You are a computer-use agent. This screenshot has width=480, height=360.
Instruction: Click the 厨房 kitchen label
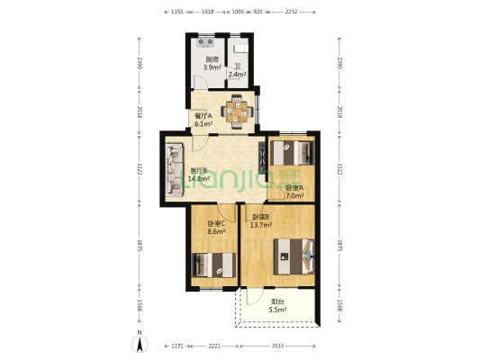coord(212,59)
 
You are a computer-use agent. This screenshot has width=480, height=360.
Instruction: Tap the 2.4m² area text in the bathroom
coord(237,75)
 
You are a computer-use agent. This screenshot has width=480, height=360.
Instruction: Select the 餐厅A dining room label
coord(203,115)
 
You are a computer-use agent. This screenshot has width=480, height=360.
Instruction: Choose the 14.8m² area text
coord(199,178)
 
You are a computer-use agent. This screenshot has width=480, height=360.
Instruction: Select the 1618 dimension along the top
coord(207,13)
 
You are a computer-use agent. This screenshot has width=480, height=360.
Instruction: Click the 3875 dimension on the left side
coord(138,245)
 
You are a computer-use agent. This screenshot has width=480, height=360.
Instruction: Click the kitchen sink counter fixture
coord(204,41)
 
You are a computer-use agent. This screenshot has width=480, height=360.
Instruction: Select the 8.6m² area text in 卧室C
coord(217,231)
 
